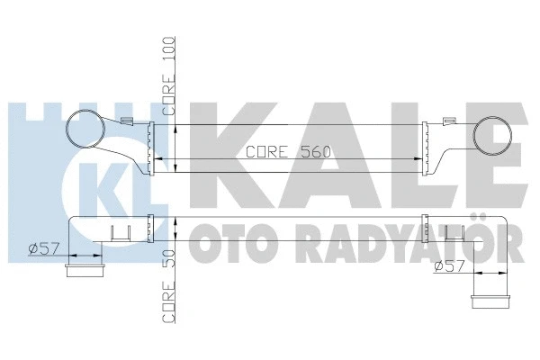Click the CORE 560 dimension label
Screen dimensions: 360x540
click(x=290, y=152)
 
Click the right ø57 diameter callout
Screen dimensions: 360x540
click(x=450, y=267)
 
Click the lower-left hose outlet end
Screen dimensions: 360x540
click(x=85, y=269)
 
